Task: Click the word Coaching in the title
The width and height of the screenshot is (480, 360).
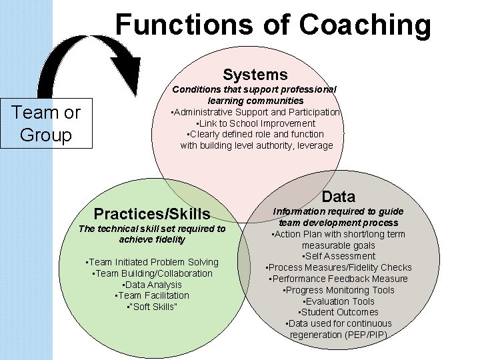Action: tap(365, 25)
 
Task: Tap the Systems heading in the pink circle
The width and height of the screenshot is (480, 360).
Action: tap(255, 74)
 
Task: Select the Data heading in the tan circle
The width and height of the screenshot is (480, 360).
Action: tap(339, 196)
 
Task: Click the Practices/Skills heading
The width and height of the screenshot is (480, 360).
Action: tap(152, 214)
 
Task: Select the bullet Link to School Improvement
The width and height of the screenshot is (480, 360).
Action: tap(255, 123)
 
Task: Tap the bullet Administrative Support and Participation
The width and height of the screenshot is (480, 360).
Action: tap(256, 112)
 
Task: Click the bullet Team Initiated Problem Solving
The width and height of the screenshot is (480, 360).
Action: tap(153, 262)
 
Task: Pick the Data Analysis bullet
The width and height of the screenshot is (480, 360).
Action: tap(153, 285)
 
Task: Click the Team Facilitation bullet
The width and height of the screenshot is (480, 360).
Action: tap(152, 295)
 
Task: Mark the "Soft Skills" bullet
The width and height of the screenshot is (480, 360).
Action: tap(152, 307)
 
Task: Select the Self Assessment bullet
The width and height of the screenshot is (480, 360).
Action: tap(339, 256)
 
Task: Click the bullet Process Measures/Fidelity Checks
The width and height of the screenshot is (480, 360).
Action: tap(339, 267)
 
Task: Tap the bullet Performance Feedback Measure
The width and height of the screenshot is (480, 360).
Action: tap(339, 279)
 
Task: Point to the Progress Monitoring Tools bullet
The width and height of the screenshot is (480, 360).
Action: tap(339, 290)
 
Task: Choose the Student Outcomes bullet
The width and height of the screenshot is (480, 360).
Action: tap(339, 312)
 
